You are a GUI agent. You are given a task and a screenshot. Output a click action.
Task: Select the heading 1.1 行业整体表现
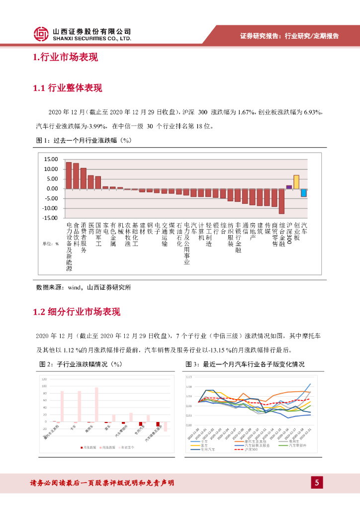pyautogui.click(x=68, y=88)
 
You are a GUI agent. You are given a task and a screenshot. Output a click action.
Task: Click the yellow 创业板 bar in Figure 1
pyautogui.click(x=296, y=182)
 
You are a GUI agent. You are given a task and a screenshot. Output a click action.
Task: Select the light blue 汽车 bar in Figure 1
pyautogui.click(x=303, y=192)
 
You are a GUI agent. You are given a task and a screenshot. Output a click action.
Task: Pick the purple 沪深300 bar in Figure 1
pyautogui.click(x=289, y=187)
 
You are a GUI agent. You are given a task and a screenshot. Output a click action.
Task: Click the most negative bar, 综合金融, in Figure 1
pyautogui.click(x=281, y=201)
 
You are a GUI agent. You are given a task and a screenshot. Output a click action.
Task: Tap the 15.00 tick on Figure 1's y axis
pyautogui.click(x=51, y=160)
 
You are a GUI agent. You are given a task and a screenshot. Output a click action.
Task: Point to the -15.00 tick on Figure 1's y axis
pyautogui.click(x=50, y=218)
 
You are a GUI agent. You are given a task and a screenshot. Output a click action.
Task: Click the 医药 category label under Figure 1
pyautogui.click(x=91, y=228)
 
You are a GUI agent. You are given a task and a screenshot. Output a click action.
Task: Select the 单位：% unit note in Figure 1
pyautogui.click(x=51, y=244)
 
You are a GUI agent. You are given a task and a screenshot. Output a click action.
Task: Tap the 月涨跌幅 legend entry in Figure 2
pyautogui.click(x=90, y=447)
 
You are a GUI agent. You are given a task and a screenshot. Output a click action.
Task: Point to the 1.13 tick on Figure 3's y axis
pyautogui.click(x=188, y=377)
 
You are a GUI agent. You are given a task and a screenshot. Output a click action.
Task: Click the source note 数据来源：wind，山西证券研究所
pyautogui.click(x=84, y=287)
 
